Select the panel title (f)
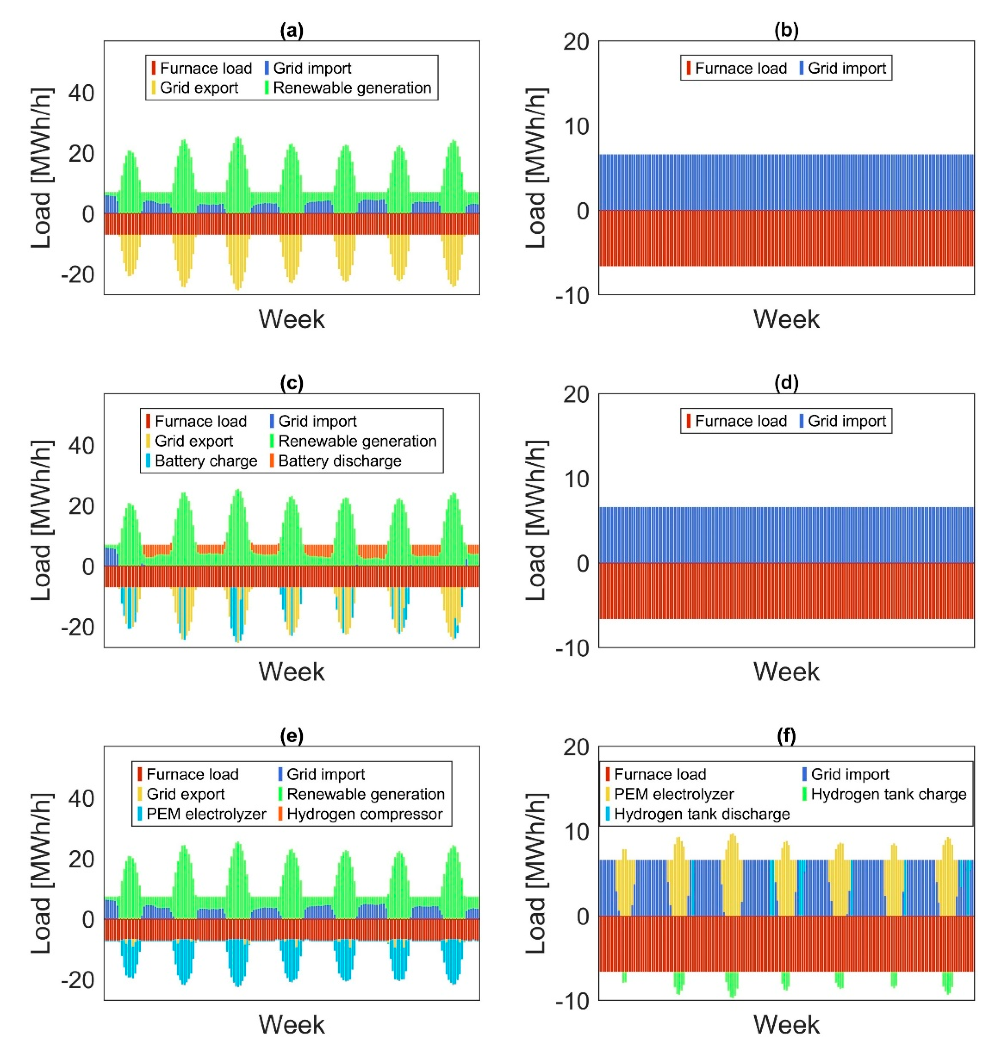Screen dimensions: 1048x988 (x=786, y=736)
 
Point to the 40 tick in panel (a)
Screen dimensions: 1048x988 (x=81, y=93)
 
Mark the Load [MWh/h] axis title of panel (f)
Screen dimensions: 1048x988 (x=536, y=872)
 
